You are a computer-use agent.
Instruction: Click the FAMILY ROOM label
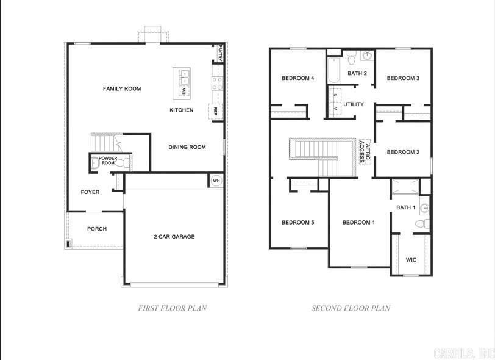pyautogui.click(x=122, y=89)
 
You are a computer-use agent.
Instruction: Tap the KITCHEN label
pyautogui.click(x=182, y=110)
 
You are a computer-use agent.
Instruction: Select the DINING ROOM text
pyautogui.click(x=187, y=147)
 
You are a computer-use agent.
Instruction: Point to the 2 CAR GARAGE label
pyautogui.click(x=174, y=237)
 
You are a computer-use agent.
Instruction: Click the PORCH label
pyautogui.click(x=97, y=229)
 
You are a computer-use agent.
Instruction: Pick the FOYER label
pyautogui.click(x=90, y=192)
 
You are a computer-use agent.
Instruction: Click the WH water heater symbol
pyautogui.click(x=216, y=181)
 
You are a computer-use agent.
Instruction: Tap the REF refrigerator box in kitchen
pyautogui.click(x=215, y=112)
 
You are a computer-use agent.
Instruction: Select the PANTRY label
pyautogui.click(x=219, y=54)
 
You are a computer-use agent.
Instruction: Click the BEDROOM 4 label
pyautogui.click(x=297, y=78)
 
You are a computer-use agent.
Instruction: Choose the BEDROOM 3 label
pyautogui.click(x=403, y=78)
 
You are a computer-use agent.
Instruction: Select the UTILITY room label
pyautogui.click(x=354, y=104)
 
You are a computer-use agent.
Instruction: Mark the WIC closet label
pyautogui.click(x=411, y=260)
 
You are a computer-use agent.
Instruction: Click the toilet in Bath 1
pyautogui.click(x=422, y=225)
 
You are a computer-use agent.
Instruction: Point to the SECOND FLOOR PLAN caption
pyautogui.click(x=351, y=308)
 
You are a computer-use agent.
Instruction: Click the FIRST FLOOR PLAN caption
pyautogui.click(x=173, y=308)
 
